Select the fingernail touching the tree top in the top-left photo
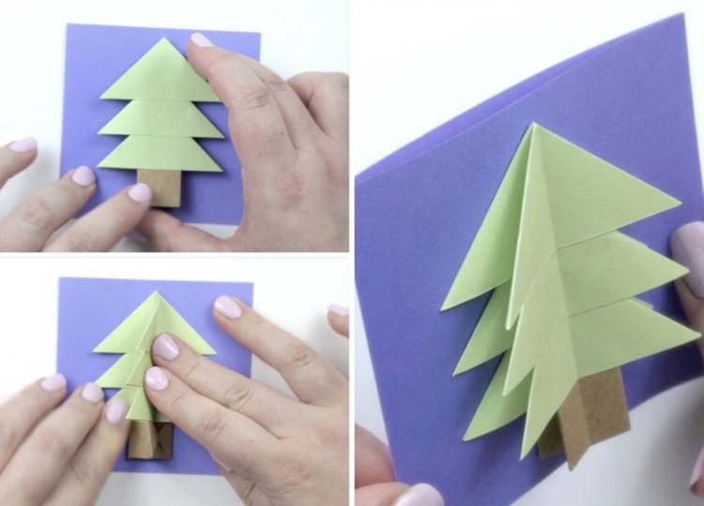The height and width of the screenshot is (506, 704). pyautogui.click(x=202, y=40)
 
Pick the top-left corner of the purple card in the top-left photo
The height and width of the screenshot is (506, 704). pyautogui.click(x=67, y=25)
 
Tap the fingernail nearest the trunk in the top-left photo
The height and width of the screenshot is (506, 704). pyautogui.click(x=139, y=193)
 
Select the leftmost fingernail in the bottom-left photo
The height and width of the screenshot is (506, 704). pyautogui.click(x=54, y=382)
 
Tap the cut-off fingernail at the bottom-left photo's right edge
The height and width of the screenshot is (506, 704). pyautogui.click(x=339, y=310)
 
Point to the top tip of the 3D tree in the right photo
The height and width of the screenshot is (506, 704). pyautogui.click(x=532, y=124)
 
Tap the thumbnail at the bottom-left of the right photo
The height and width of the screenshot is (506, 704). pyautogui.click(x=419, y=494)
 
